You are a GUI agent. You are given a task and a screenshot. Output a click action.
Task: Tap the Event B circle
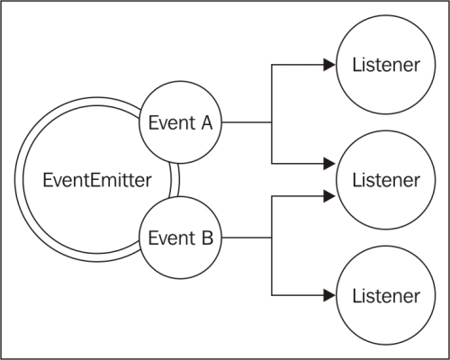pyautogui.click(x=181, y=238)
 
